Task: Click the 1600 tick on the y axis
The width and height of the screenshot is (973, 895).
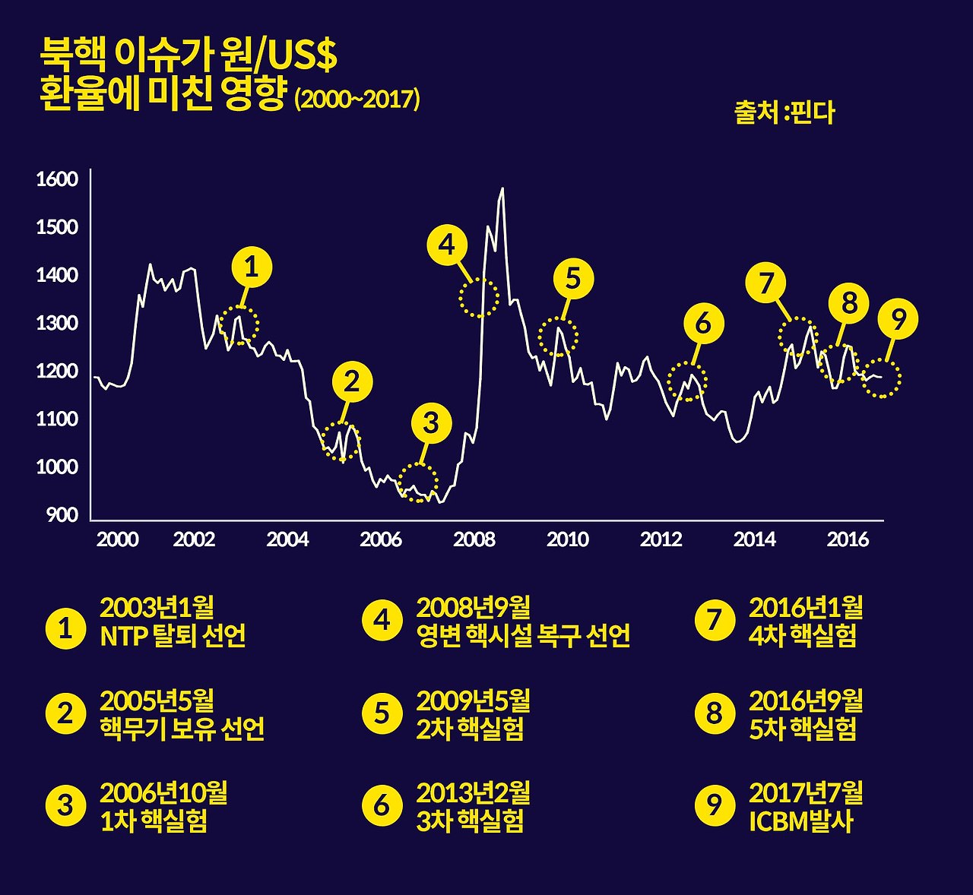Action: (57, 179)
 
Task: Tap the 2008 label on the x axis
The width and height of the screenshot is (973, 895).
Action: (474, 539)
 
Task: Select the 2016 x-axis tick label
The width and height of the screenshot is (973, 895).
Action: (848, 539)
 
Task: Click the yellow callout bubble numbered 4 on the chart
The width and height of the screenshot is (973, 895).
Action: (447, 245)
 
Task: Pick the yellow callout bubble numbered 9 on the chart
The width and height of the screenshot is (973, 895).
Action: (898, 320)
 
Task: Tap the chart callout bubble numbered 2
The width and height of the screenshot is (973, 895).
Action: (351, 382)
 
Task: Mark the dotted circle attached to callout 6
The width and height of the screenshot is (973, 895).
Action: (687, 381)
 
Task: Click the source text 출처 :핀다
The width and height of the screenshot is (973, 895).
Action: (784, 112)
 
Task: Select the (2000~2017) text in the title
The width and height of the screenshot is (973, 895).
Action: (357, 100)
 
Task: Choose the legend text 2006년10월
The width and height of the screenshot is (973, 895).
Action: (163, 793)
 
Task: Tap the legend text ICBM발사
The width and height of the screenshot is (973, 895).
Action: (801, 821)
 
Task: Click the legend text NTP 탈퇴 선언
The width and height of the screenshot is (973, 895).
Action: (173, 636)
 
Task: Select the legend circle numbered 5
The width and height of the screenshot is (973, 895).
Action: (382, 714)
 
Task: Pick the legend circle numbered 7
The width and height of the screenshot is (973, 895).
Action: (715, 620)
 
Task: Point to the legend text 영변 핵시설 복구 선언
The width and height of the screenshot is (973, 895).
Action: (523, 636)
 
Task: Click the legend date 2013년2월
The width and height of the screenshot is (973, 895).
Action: (473, 793)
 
